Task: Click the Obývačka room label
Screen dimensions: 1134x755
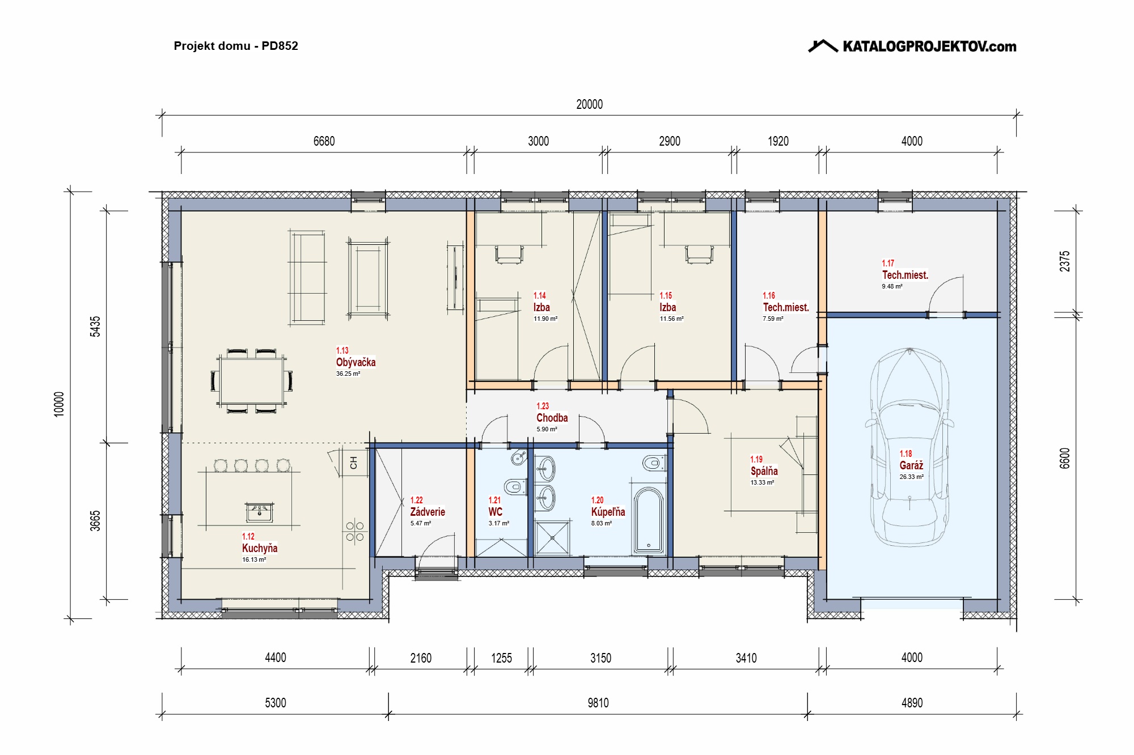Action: pos(356,362)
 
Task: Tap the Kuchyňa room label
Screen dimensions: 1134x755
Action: pos(260,548)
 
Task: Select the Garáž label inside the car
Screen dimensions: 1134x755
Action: pos(911,465)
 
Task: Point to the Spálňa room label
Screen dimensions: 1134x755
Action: pos(764,471)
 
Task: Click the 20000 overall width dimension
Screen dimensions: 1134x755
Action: pos(589,104)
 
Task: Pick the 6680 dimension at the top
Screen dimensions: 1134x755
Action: pos(324,141)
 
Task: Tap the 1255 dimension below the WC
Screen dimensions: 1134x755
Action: pos(501,658)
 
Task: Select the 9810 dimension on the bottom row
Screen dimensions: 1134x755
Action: pos(598,703)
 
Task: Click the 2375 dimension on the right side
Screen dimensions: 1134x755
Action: pos(1065,261)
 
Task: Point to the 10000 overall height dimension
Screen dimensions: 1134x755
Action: pos(59,404)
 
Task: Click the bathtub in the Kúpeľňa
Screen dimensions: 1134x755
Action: pos(648,520)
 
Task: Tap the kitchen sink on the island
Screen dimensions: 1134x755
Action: pos(259,512)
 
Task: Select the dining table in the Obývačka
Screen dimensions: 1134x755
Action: pos(252,380)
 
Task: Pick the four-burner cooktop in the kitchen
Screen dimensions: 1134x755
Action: pos(355,531)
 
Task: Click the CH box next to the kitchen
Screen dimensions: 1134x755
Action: pos(354,463)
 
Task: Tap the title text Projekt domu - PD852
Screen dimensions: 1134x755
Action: pos(236,46)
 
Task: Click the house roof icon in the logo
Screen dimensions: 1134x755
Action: pos(823,46)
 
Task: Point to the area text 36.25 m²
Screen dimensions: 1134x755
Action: pos(348,374)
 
